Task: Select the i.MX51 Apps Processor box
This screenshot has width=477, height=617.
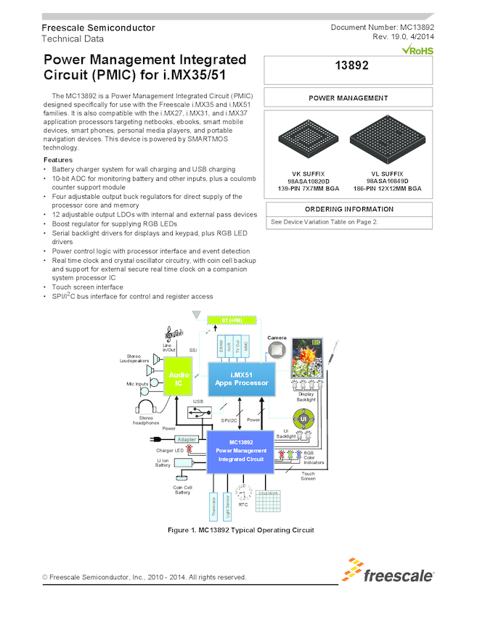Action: click(240, 378)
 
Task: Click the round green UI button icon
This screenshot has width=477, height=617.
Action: click(303, 419)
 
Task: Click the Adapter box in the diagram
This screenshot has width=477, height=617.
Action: click(187, 439)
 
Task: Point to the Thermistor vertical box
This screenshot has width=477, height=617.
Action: click(214, 509)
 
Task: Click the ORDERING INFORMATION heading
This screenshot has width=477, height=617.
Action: click(348, 209)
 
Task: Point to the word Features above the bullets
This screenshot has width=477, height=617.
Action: click(57, 159)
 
